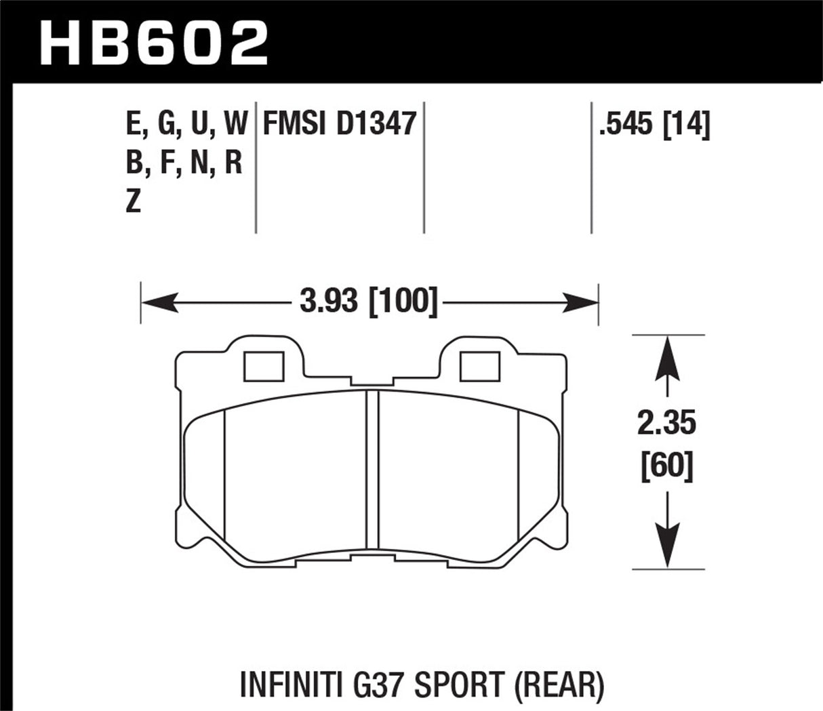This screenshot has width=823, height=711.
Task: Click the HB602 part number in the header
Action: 155,42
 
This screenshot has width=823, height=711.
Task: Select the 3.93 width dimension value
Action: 327,301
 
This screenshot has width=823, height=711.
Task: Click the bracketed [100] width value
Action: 402,301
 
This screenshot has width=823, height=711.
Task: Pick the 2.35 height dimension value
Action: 667,424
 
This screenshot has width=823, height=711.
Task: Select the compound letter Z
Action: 134,202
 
